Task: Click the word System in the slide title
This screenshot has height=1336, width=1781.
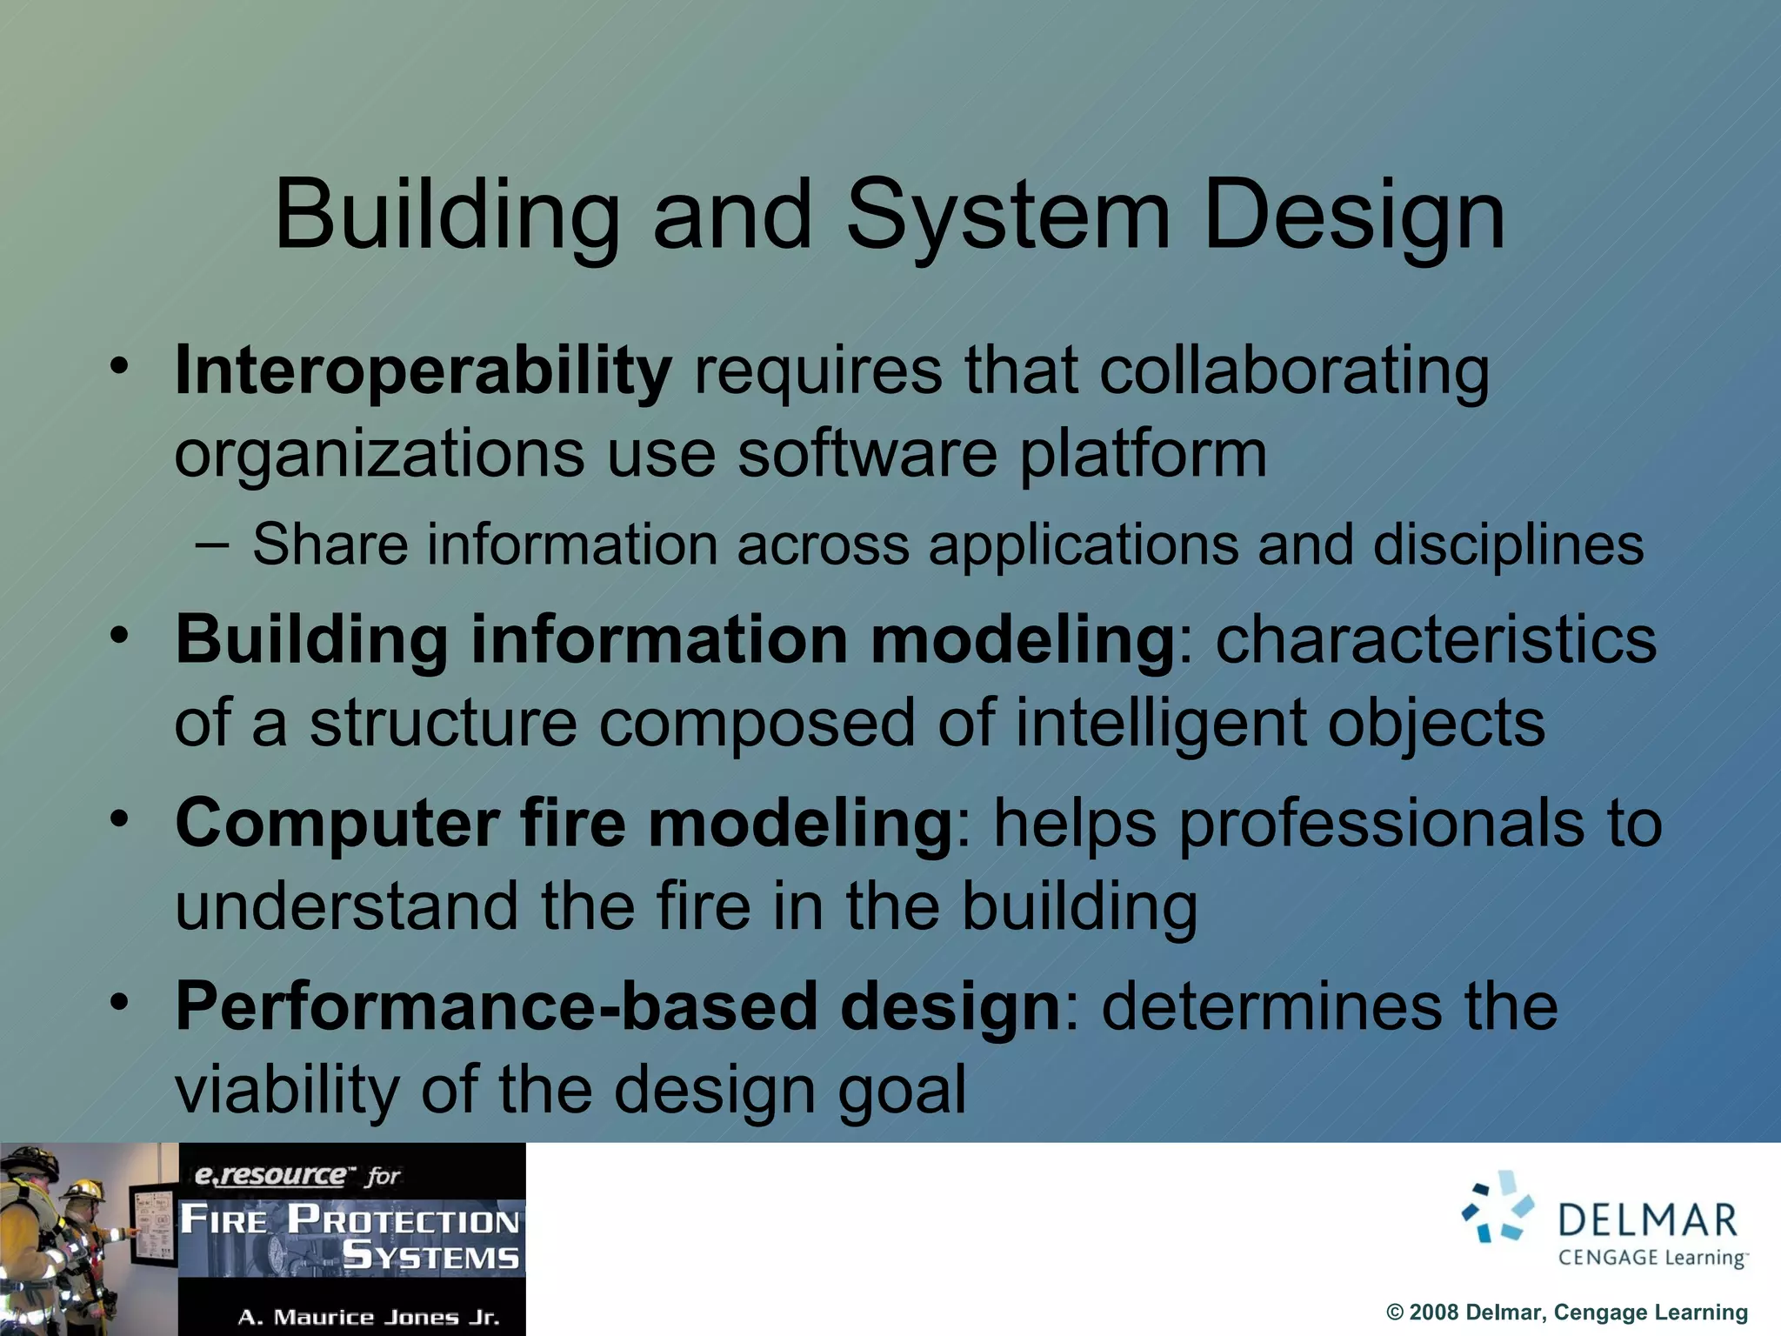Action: click(1009, 217)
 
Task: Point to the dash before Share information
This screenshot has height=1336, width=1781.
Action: click(212, 546)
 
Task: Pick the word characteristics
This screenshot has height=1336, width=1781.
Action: click(1436, 641)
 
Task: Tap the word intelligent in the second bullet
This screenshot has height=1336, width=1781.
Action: click(1160, 724)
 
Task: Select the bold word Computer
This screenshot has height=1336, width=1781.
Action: click(337, 825)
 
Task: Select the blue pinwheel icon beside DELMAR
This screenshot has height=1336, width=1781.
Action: click(1498, 1207)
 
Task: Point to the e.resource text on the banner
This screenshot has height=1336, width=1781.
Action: click(270, 1176)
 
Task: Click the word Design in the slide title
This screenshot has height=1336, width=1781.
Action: click(1353, 217)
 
